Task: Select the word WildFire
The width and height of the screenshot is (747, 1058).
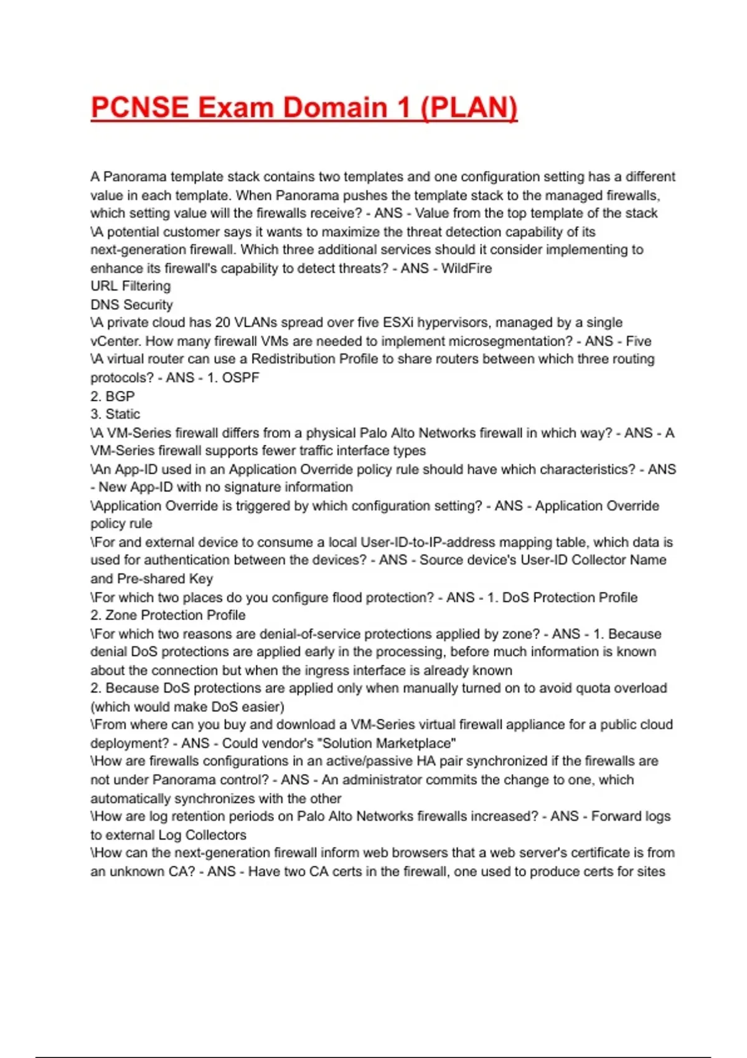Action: click(466, 268)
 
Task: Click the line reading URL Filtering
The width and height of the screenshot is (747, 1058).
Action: click(130, 286)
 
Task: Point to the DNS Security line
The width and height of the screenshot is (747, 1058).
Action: click(131, 305)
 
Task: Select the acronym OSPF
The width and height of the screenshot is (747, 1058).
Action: click(240, 378)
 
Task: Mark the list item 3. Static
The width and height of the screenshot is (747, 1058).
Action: click(115, 414)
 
